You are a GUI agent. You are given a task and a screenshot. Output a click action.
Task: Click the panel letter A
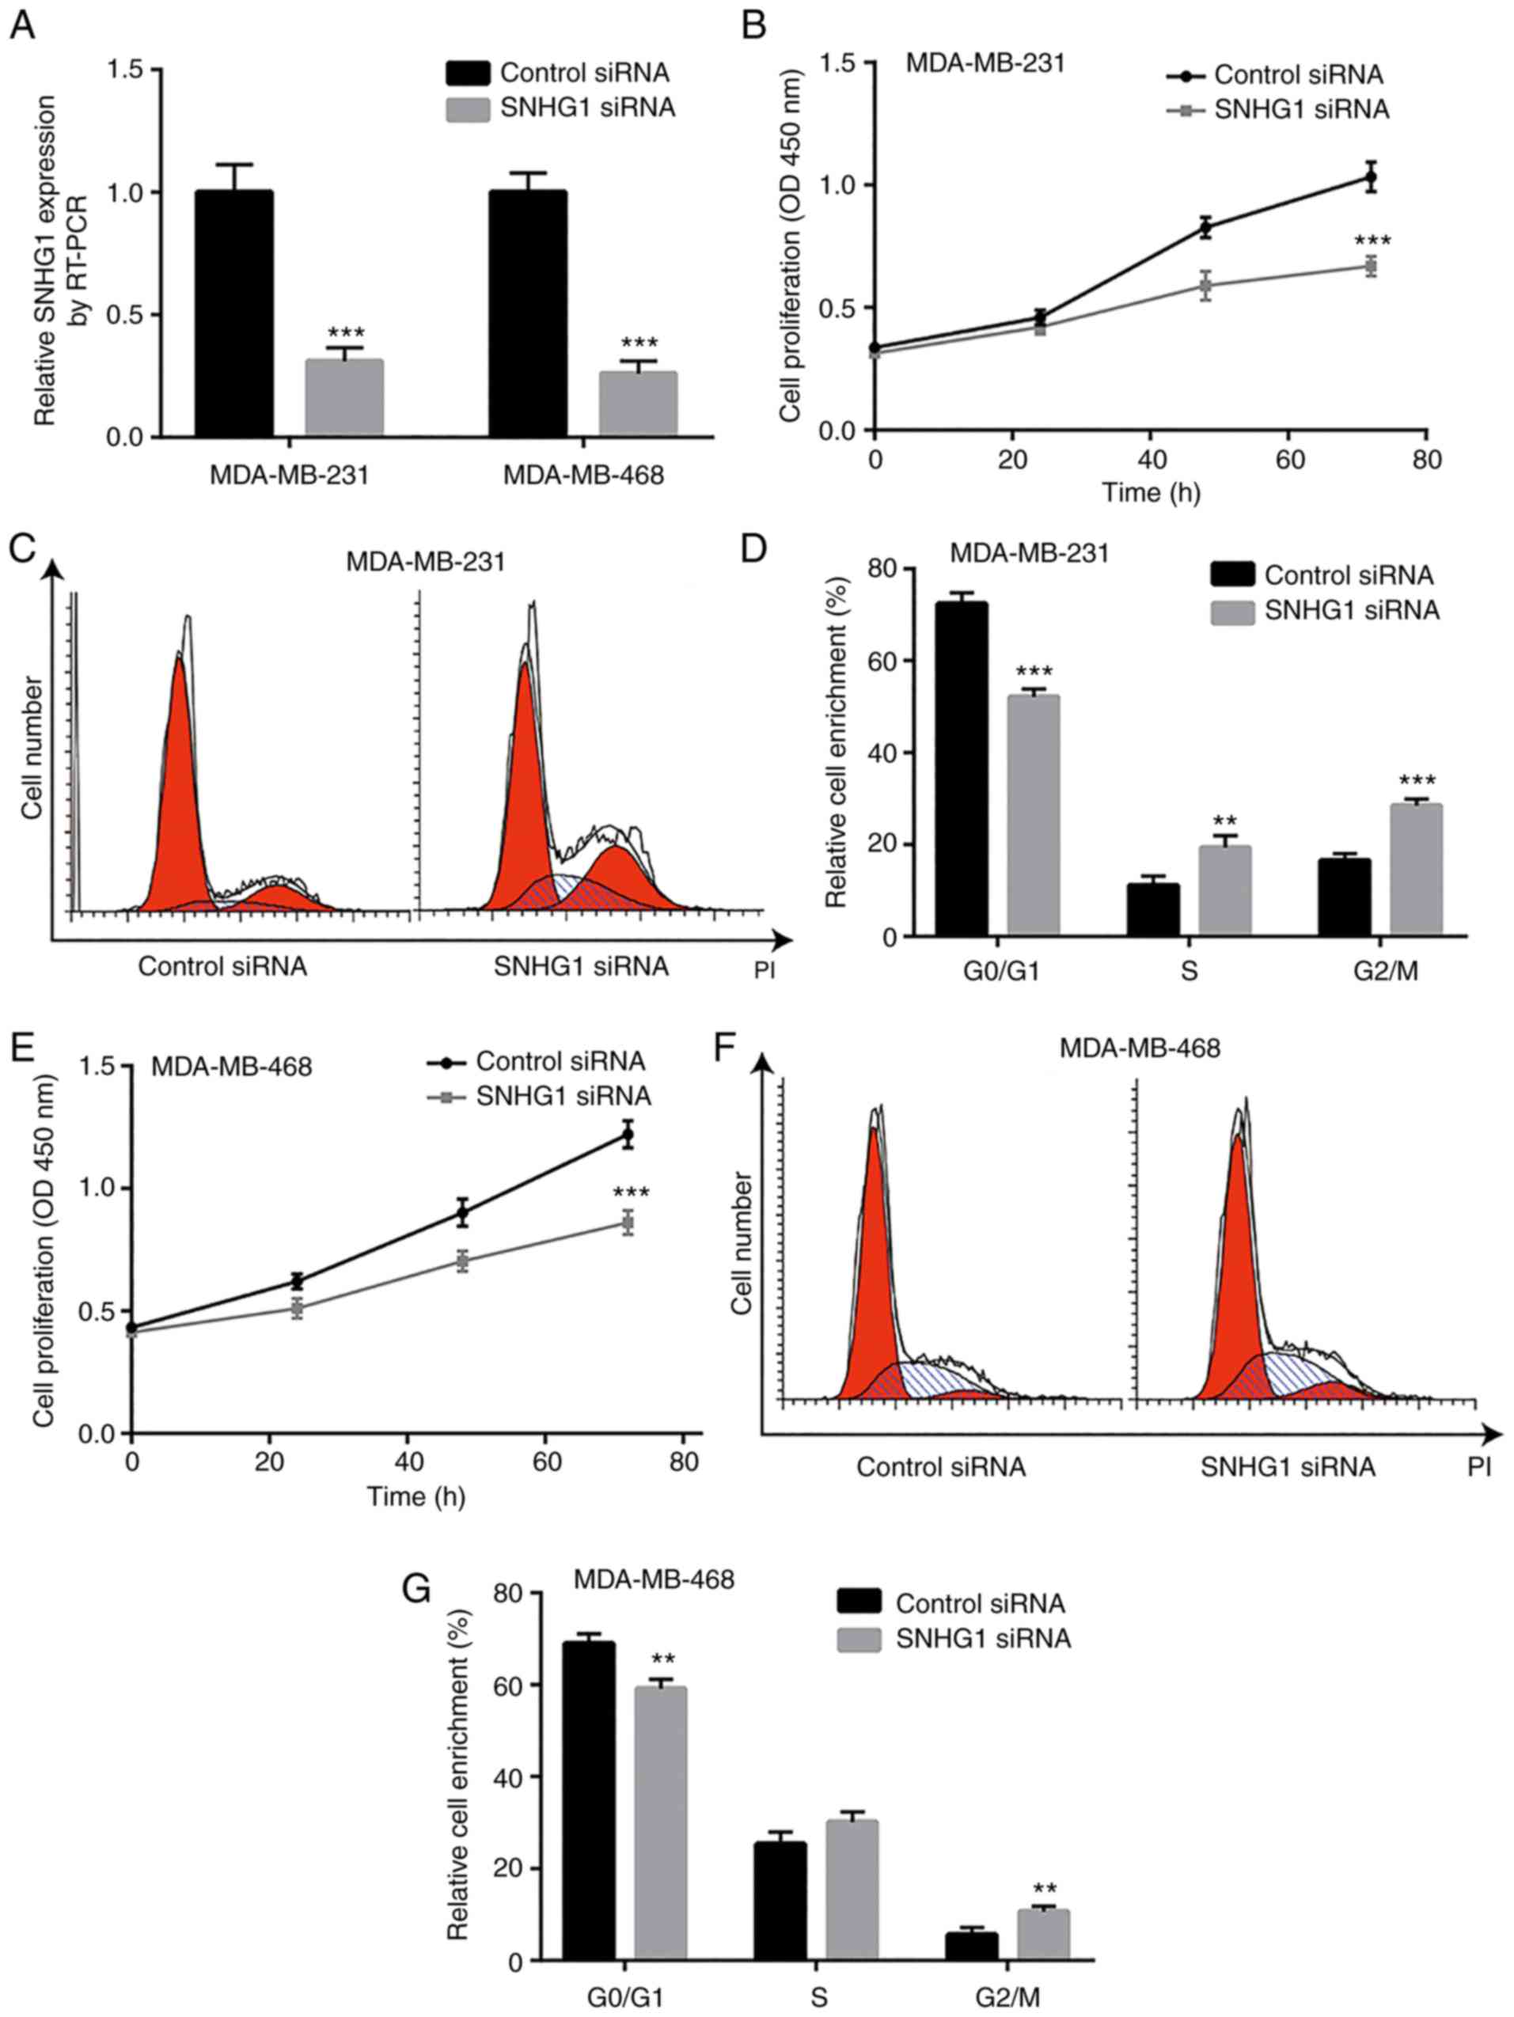coord(22,25)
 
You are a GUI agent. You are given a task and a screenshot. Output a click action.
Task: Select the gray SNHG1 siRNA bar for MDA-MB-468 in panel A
coord(638,403)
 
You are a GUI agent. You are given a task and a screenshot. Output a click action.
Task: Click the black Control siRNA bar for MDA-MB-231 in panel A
coord(234,313)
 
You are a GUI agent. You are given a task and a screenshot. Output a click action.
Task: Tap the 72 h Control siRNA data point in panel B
coord(1370,177)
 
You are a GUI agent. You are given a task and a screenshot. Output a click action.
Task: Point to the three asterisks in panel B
coord(1372,241)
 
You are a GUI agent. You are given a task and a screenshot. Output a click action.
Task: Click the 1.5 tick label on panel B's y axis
coord(838,64)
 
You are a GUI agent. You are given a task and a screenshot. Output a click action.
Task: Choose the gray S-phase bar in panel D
coord(1225,890)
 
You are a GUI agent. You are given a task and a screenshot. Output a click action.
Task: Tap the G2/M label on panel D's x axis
coord(1386,972)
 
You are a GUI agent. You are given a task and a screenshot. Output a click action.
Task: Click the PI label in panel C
coord(765,970)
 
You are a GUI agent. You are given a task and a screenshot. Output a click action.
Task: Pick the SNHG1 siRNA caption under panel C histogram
coord(581,966)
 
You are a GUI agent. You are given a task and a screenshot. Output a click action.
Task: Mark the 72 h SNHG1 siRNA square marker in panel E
coord(628,1223)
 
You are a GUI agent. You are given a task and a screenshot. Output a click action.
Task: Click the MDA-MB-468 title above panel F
coord(1139,1048)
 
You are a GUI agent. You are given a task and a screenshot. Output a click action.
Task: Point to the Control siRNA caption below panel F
coord(940,1467)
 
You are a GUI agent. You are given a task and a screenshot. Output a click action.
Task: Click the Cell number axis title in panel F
coord(742,1243)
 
